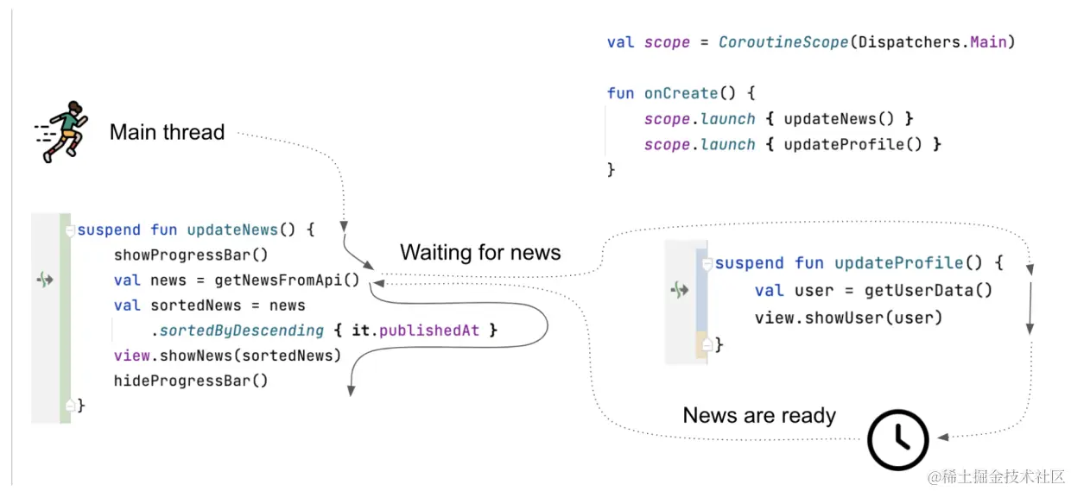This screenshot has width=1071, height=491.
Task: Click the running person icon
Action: [60, 131]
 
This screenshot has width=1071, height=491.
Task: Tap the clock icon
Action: [897, 439]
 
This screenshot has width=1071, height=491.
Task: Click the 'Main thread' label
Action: [167, 132]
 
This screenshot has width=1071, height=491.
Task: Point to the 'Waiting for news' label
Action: [480, 252]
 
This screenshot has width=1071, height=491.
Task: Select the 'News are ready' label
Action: [759, 415]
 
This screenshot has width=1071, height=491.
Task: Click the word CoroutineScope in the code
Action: [783, 42]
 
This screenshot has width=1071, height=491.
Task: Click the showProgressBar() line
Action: [191, 255]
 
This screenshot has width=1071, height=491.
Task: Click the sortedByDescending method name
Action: [242, 330]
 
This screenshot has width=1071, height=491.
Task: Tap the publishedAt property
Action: [429, 330]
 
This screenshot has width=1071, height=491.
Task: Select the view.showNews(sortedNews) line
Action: [227, 356]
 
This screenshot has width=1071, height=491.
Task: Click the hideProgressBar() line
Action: [191, 381]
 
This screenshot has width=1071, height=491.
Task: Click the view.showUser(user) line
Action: [848, 318]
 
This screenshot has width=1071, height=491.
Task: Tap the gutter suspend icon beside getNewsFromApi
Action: [46, 280]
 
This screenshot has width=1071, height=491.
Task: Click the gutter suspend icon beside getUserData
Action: [680, 291]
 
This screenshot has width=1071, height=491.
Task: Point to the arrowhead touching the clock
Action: [942, 437]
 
